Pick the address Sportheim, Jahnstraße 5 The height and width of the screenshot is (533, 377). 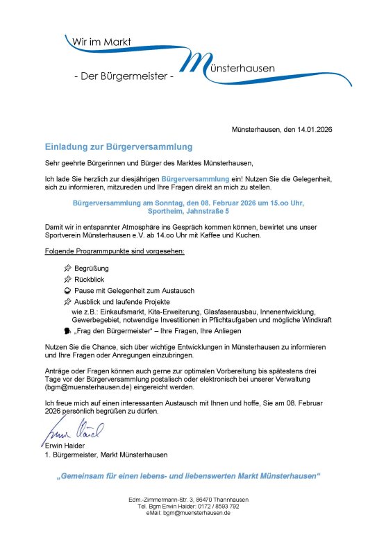pyautogui.click(x=188, y=211)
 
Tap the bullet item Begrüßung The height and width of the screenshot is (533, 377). pyautogui.click(x=92, y=268)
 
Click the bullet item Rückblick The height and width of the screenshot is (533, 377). pyautogui.click(x=90, y=279)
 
